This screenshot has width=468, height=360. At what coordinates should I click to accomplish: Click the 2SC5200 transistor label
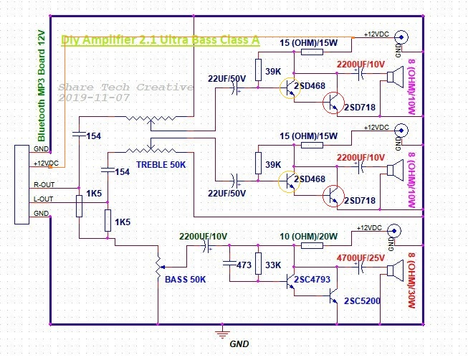click(362, 300)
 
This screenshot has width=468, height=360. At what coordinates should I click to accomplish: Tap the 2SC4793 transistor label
click(312, 280)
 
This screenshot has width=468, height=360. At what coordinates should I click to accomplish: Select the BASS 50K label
click(185, 280)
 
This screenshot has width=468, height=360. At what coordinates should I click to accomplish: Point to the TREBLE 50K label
click(161, 165)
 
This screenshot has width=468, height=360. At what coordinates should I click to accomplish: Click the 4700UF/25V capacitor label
click(360, 257)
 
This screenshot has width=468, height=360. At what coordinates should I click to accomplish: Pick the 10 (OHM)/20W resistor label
click(308, 237)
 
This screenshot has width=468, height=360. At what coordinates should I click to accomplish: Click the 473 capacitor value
click(244, 265)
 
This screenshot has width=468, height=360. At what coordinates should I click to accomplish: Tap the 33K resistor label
click(273, 265)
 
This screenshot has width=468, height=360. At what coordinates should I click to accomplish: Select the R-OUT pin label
click(44, 184)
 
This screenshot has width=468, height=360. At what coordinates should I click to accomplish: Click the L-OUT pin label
click(43, 199)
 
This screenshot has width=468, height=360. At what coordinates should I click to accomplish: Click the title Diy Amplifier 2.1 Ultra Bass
click(161, 39)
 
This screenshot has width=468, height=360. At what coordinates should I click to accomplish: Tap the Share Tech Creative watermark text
click(125, 87)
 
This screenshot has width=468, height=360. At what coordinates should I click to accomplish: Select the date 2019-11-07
click(94, 98)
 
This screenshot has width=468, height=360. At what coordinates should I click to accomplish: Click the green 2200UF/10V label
click(203, 237)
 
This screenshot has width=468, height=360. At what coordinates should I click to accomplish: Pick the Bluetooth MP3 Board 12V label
click(41, 86)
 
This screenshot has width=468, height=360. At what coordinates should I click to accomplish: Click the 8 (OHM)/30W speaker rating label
click(411, 280)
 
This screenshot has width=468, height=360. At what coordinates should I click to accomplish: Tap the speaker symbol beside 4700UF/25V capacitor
click(395, 270)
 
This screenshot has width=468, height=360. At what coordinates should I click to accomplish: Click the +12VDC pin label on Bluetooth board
click(46, 164)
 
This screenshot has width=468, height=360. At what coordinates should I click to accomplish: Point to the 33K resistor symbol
click(259, 263)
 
